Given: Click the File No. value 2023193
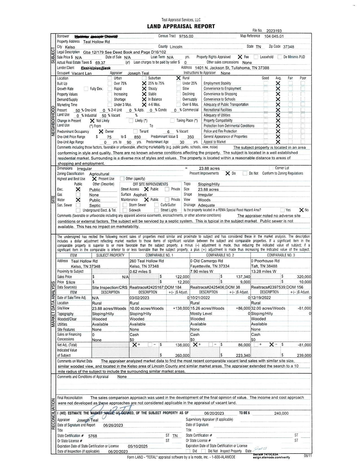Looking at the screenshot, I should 274,31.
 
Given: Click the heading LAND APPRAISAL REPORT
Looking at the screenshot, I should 181,27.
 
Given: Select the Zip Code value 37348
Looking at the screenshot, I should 288,47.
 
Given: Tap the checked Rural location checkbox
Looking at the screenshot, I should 178,78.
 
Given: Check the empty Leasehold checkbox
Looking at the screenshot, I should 256,57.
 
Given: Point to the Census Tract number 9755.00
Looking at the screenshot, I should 186,36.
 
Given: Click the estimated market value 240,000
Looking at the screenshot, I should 281,413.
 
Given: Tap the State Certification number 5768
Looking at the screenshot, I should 93,436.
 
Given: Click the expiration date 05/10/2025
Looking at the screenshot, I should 138,447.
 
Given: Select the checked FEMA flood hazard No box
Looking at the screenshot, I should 302,210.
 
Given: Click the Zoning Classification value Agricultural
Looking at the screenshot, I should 99,174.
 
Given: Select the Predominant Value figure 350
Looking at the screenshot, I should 191,137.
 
